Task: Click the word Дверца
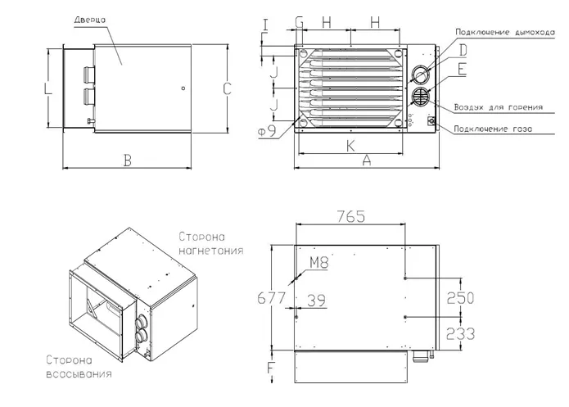pyautogui.click(x=90, y=20)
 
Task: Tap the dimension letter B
pyautogui.click(x=128, y=160)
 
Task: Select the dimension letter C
pyautogui.click(x=227, y=88)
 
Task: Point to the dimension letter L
pyautogui.click(x=48, y=88)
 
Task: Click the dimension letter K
pyautogui.click(x=350, y=146)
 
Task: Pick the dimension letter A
pyautogui.click(x=367, y=160)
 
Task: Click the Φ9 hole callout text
pyautogui.click(x=267, y=131)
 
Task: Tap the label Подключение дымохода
pyautogui.click(x=505, y=32)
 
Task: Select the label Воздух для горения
pyautogui.click(x=499, y=107)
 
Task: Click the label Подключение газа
pyautogui.click(x=493, y=129)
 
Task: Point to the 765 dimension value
pyautogui.click(x=351, y=216)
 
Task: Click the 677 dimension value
pyautogui.click(x=272, y=298)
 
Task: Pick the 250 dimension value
pyautogui.click(x=460, y=298)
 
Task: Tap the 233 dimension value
pyautogui.click(x=460, y=333)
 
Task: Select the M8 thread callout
pyautogui.click(x=319, y=262)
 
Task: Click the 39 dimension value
pyautogui.click(x=317, y=300)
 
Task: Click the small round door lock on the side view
pyautogui.click(x=183, y=88)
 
